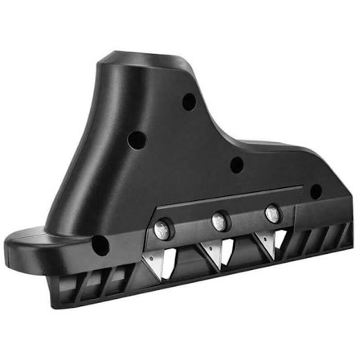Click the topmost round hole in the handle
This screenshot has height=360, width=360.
coord(189,102)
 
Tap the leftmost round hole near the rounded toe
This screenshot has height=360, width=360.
coord(100,245)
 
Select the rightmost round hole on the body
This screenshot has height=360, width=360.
coord(316,191)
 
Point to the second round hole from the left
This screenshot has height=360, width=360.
coord(137,140)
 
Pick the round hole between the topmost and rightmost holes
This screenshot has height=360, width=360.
coord(236,166)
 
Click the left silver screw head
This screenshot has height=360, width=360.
coord(161,229)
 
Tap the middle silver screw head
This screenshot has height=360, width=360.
coord(219,220)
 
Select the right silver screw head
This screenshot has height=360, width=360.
coord(272,213)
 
